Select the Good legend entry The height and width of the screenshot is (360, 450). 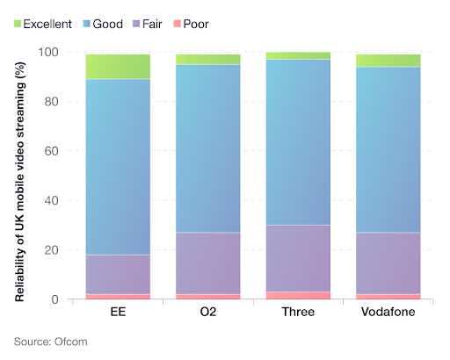pyautogui.click(x=108, y=23)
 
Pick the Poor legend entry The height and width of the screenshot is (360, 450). pyautogui.click(x=208, y=23)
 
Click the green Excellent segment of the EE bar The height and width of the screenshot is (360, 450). pyautogui.click(x=118, y=67)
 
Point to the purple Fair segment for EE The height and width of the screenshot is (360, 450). pyautogui.click(x=118, y=274)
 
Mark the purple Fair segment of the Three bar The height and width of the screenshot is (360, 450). pyautogui.click(x=299, y=258)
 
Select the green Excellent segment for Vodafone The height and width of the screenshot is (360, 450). pyautogui.click(x=388, y=61)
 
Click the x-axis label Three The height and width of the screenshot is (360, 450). pyautogui.click(x=299, y=313)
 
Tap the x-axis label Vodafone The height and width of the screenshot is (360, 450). pyautogui.click(x=388, y=313)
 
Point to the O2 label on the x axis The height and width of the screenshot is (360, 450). pyautogui.click(x=208, y=313)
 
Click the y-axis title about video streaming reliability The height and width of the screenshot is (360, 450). pyautogui.click(x=18, y=176)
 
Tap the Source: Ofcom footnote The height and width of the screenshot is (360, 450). pyautogui.click(x=49, y=341)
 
